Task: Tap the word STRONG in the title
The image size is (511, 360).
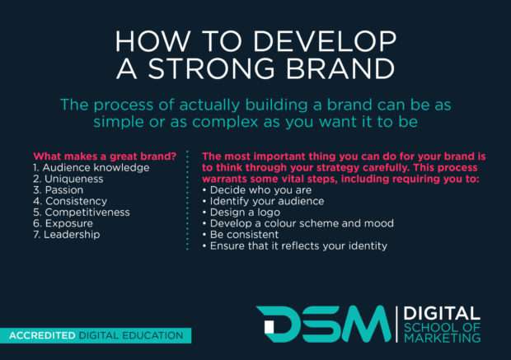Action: pos(223,70)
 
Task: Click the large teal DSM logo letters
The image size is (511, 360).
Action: pos(322,324)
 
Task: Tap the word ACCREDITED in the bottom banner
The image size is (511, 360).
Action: pos(42,335)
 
